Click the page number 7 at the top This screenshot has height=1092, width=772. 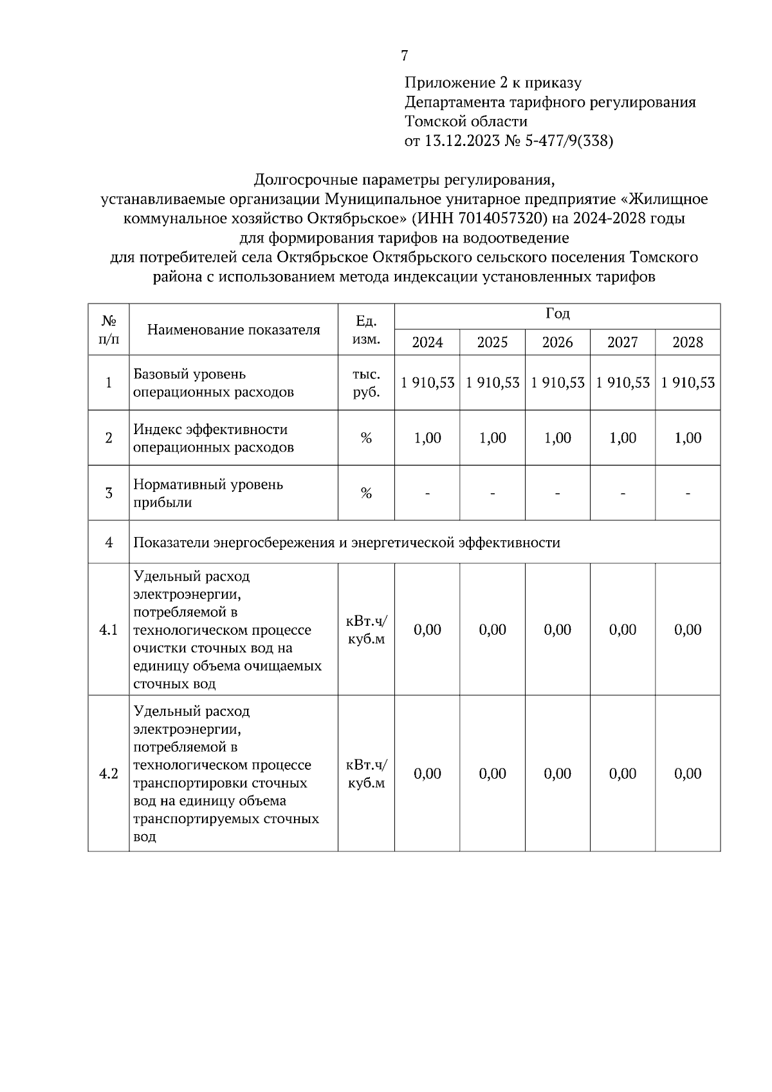click(404, 56)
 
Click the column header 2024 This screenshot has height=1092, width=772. click(427, 342)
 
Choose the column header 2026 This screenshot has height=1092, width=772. click(557, 342)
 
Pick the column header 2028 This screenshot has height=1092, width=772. click(687, 342)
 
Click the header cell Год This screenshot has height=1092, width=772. click(557, 314)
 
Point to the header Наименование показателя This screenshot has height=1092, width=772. click(234, 330)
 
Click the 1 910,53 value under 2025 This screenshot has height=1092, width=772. click(493, 383)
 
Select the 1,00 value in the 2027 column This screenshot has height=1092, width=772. click(622, 438)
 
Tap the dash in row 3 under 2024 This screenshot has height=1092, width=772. click(427, 494)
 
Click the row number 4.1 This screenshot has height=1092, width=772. click(108, 630)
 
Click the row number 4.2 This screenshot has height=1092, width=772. click(108, 774)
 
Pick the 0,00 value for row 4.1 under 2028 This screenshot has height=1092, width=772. click(687, 630)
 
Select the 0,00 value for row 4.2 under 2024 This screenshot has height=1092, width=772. click(427, 774)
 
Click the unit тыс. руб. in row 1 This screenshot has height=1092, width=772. click(366, 383)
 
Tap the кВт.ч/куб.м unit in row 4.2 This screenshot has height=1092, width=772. click(366, 774)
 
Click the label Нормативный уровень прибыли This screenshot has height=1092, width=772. click(208, 493)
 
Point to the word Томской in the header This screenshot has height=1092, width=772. click(434, 122)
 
